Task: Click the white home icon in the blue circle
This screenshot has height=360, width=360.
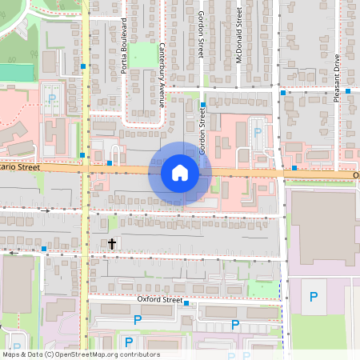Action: (x=180, y=172)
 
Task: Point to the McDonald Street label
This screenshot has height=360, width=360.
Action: (x=239, y=36)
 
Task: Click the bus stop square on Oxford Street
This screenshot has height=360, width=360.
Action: (x=186, y=303)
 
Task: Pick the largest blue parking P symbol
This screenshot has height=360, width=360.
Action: (x=313, y=297)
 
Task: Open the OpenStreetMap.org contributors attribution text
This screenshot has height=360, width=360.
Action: (x=82, y=354)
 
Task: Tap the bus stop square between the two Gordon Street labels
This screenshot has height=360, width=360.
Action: (x=203, y=104)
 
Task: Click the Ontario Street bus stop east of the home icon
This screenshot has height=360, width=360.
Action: (x=294, y=168)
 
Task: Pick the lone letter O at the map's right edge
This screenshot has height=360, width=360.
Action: (x=355, y=174)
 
